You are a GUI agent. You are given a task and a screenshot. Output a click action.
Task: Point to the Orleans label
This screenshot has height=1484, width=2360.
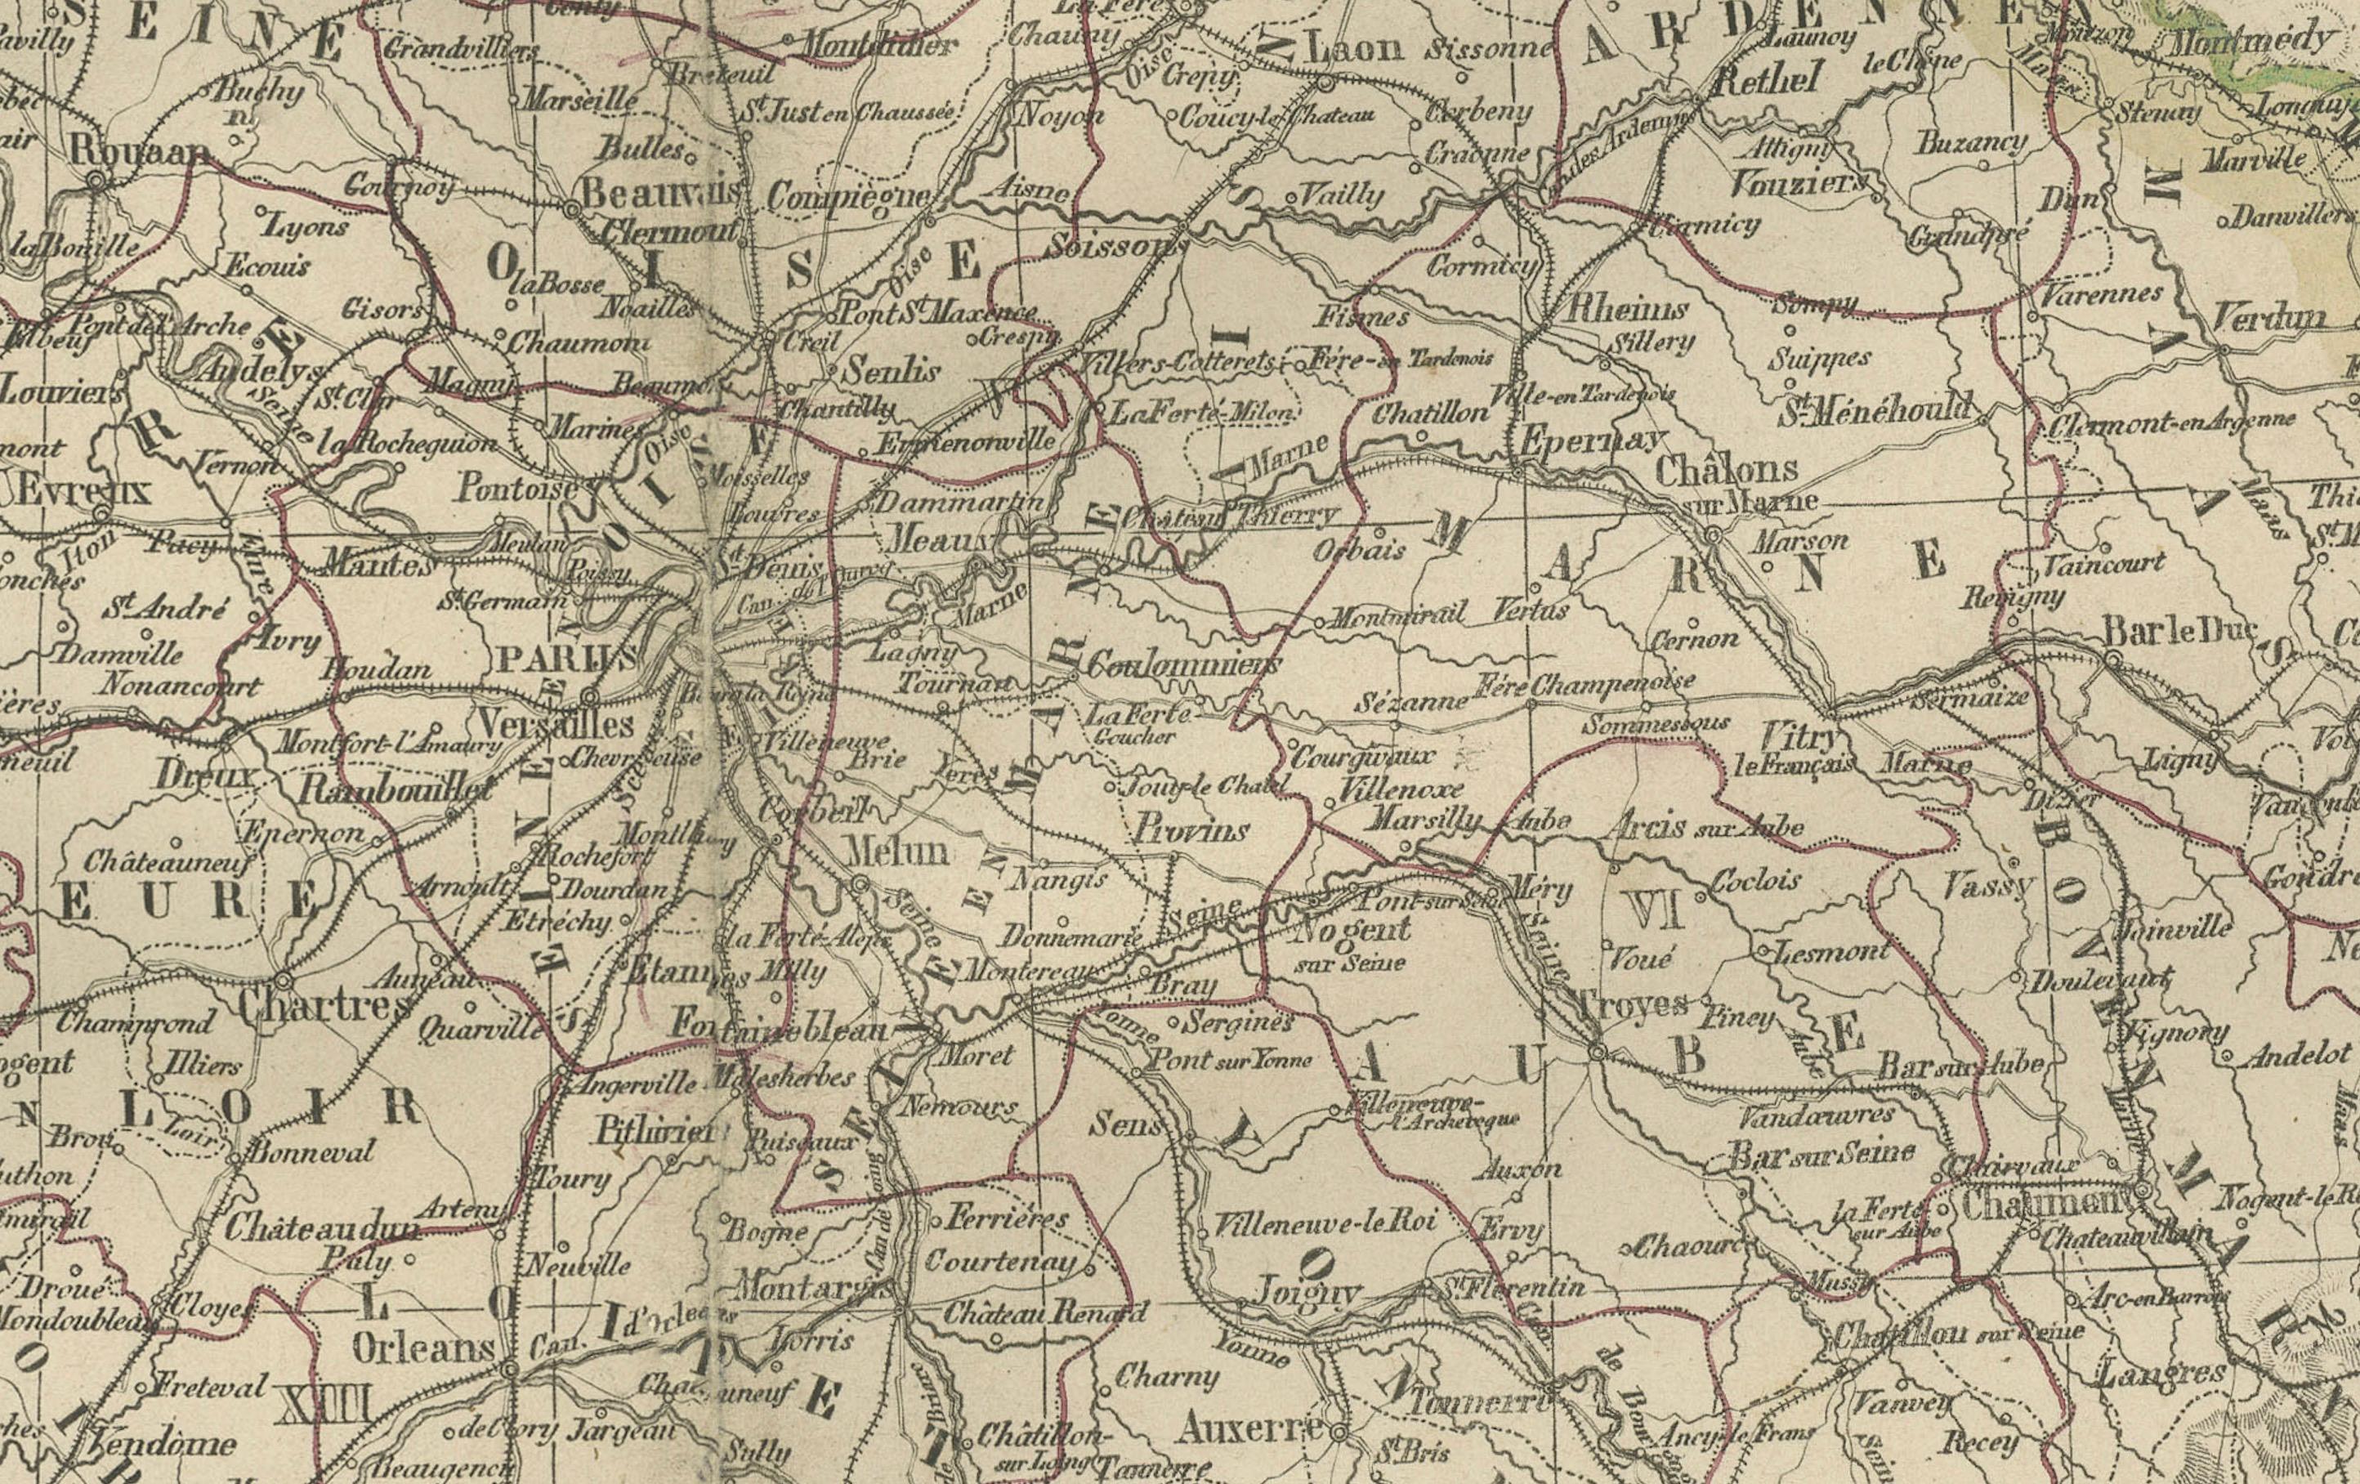(x=423, y=1350)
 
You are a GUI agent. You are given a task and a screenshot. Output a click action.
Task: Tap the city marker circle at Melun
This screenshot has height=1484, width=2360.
(x=860, y=885)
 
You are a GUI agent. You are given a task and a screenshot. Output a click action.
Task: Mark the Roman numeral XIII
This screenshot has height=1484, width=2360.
(x=324, y=1405)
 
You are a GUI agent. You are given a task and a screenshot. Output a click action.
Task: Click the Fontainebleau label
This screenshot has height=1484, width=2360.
(x=779, y=1027)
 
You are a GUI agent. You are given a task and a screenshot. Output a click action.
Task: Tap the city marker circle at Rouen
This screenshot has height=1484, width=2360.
(x=97, y=181)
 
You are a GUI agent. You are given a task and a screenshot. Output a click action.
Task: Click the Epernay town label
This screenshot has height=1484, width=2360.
(x=1589, y=442)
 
